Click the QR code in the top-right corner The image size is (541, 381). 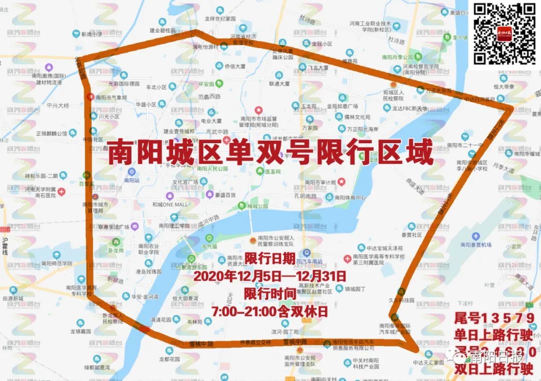[x=505, y=34]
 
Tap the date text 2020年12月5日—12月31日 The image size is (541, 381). [x=270, y=276]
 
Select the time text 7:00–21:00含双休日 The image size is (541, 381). [x=270, y=310]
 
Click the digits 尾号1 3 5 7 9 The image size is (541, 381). [x=495, y=318]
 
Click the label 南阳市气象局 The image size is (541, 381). [x=111, y=98]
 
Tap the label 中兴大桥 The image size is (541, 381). [x=58, y=106]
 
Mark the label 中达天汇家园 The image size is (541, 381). [x=428, y=362]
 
